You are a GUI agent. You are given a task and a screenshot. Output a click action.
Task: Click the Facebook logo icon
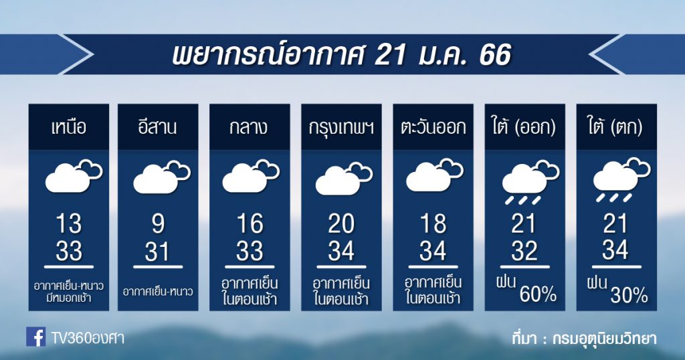point(36,337)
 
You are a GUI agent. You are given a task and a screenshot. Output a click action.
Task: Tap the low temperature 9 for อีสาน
point(158,223)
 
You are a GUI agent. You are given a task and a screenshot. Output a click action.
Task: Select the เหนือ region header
point(69,127)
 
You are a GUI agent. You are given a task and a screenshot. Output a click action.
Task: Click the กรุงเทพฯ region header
point(341,128)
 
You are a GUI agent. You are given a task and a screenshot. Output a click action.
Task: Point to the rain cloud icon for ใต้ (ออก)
point(530,183)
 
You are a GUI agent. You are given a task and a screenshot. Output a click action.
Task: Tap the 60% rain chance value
point(538,295)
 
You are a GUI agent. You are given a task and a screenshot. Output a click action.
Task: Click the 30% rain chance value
point(629,296)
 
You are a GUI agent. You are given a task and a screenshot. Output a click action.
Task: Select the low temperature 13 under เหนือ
point(69,223)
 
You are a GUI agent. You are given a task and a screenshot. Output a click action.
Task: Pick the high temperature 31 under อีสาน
point(157,251)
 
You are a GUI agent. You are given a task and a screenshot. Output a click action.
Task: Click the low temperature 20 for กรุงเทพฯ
point(341,223)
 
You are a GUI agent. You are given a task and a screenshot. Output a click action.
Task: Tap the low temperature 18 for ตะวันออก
point(433,223)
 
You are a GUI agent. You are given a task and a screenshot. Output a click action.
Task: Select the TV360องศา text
point(88,338)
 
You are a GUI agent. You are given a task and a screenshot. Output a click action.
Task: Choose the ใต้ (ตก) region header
point(615,127)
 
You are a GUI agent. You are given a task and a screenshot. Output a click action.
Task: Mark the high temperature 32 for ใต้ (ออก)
point(524,251)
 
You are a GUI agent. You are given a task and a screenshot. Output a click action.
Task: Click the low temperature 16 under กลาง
point(250,223)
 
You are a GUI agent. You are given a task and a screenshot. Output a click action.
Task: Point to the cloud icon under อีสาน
point(162,177)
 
